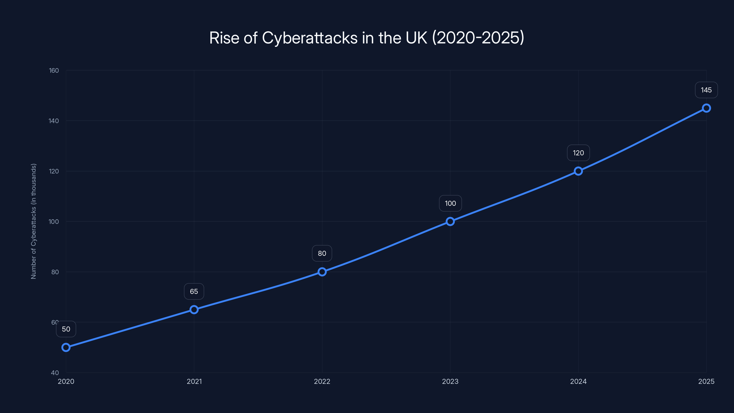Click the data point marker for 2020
66,347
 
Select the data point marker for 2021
194,310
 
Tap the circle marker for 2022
322,272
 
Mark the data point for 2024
578,171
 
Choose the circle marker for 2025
706,108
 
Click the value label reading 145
706,90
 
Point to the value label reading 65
194,291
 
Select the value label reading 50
66,329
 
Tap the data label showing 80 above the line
322,253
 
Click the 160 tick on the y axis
54,70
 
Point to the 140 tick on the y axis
54,121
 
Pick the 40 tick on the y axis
55,373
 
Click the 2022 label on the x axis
322,381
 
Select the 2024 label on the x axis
578,381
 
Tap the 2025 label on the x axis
706,381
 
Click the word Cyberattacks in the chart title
309,38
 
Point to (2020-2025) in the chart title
478,38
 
